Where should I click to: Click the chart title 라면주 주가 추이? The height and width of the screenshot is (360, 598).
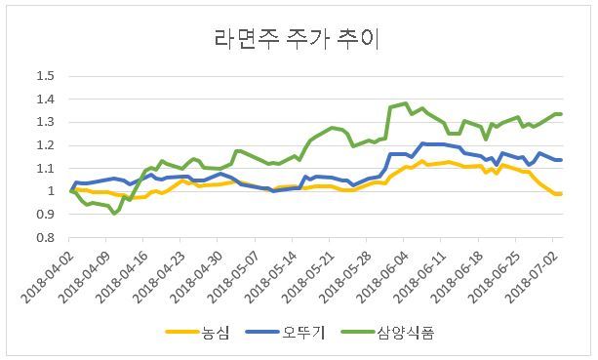297,39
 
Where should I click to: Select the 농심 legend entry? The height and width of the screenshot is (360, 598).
198,333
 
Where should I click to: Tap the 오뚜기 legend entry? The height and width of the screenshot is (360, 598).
286,333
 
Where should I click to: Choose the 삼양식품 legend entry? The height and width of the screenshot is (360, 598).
387,333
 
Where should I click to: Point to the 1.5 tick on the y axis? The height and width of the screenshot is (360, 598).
46,76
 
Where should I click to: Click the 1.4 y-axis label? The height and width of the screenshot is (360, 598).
46,100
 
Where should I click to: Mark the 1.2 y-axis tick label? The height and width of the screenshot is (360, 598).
46,145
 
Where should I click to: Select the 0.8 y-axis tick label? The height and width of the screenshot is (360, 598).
46,238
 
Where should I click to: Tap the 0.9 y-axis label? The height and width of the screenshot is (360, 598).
46,215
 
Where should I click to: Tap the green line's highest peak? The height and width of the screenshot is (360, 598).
406,103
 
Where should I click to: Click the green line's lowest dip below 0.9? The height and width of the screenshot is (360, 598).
114,214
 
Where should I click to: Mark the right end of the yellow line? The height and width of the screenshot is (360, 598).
561,194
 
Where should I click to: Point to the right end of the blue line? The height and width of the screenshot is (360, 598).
561,160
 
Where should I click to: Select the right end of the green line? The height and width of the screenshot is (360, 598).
561,114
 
